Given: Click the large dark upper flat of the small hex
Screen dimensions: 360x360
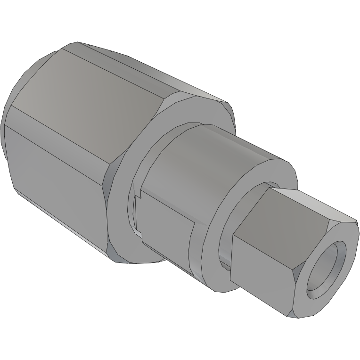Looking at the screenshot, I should pyautogui.click(x=278, y=217).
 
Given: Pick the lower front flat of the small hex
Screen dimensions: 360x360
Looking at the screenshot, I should pyautogui.click(x=264, y=273).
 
